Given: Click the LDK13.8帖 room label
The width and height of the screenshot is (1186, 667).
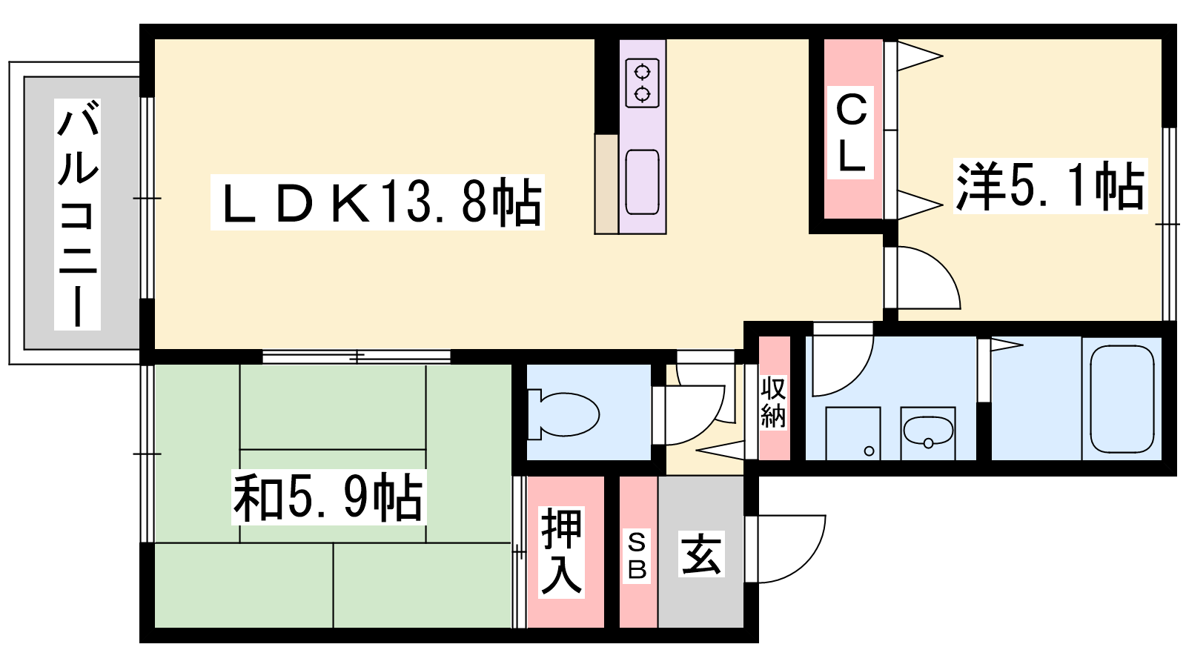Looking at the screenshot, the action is coord(377,202).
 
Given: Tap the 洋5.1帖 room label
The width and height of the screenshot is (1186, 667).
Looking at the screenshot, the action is coord(1050,186).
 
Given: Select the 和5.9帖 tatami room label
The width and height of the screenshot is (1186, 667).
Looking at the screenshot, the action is coord(329,497).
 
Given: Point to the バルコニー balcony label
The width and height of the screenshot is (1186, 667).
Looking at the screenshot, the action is coord(77,214).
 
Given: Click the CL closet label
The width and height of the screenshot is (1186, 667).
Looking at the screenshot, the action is coord(850,133).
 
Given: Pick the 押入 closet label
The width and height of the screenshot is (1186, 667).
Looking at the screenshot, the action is coord(561,551).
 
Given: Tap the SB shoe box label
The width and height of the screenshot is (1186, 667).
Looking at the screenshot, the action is coord(637,556).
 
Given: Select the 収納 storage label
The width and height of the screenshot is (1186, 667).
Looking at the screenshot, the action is coord(774,402).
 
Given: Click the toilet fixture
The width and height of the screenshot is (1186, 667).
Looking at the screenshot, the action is coord(563,414).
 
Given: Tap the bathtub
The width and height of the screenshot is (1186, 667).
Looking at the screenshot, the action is coord(1122,399).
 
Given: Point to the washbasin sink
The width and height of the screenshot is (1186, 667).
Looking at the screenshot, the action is coord(928,431).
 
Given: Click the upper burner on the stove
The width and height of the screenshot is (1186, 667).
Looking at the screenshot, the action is coord(642,71).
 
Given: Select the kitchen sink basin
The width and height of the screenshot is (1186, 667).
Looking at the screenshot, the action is coord(642,182).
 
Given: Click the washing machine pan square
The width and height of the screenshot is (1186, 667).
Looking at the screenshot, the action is coord(853,434).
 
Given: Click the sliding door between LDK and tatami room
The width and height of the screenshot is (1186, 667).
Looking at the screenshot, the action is coord(357,356).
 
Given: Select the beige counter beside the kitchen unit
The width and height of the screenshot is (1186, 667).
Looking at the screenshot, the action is coord(606,185).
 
